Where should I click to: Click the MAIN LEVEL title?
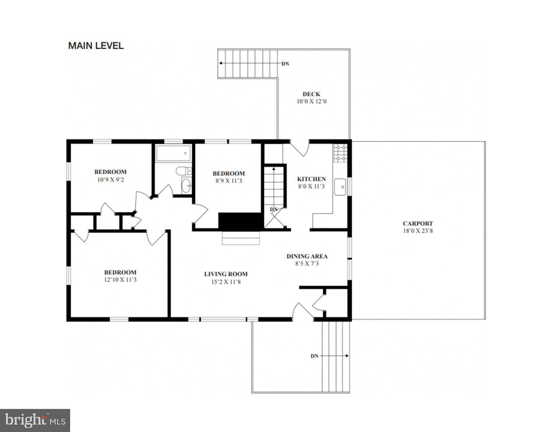pyautogui.click(x=96, y=45)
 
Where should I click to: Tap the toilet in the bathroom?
pyautogui.click(x=183, y=171)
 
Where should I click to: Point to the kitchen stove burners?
pyautogui.click(x=340, y=153)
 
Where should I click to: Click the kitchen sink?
pyautogui.click(x=340, y=187)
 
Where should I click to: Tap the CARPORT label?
pyautogui.click(x=418, y=223)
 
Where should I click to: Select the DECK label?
pyautogui.click(x=311, y=94)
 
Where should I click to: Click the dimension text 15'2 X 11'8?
pyautogui.click(x=226, y=282)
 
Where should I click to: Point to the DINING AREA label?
pyautogui.click(x=307, y=256)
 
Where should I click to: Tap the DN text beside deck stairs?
pyautogui.click(x=285, y=64)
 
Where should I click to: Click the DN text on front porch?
pyautogui.click(x=314, y=356)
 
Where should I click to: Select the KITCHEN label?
pyautogui.click(x=311, y=179)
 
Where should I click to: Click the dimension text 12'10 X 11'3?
pyautogui.click(x=120, y=280)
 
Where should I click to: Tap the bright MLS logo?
pyautogui.click(x=35, y=420)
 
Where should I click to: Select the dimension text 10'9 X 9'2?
pyautogui.click(x=110, y=180)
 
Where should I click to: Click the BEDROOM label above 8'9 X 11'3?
pyautogui.click(x=229, y=173)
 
